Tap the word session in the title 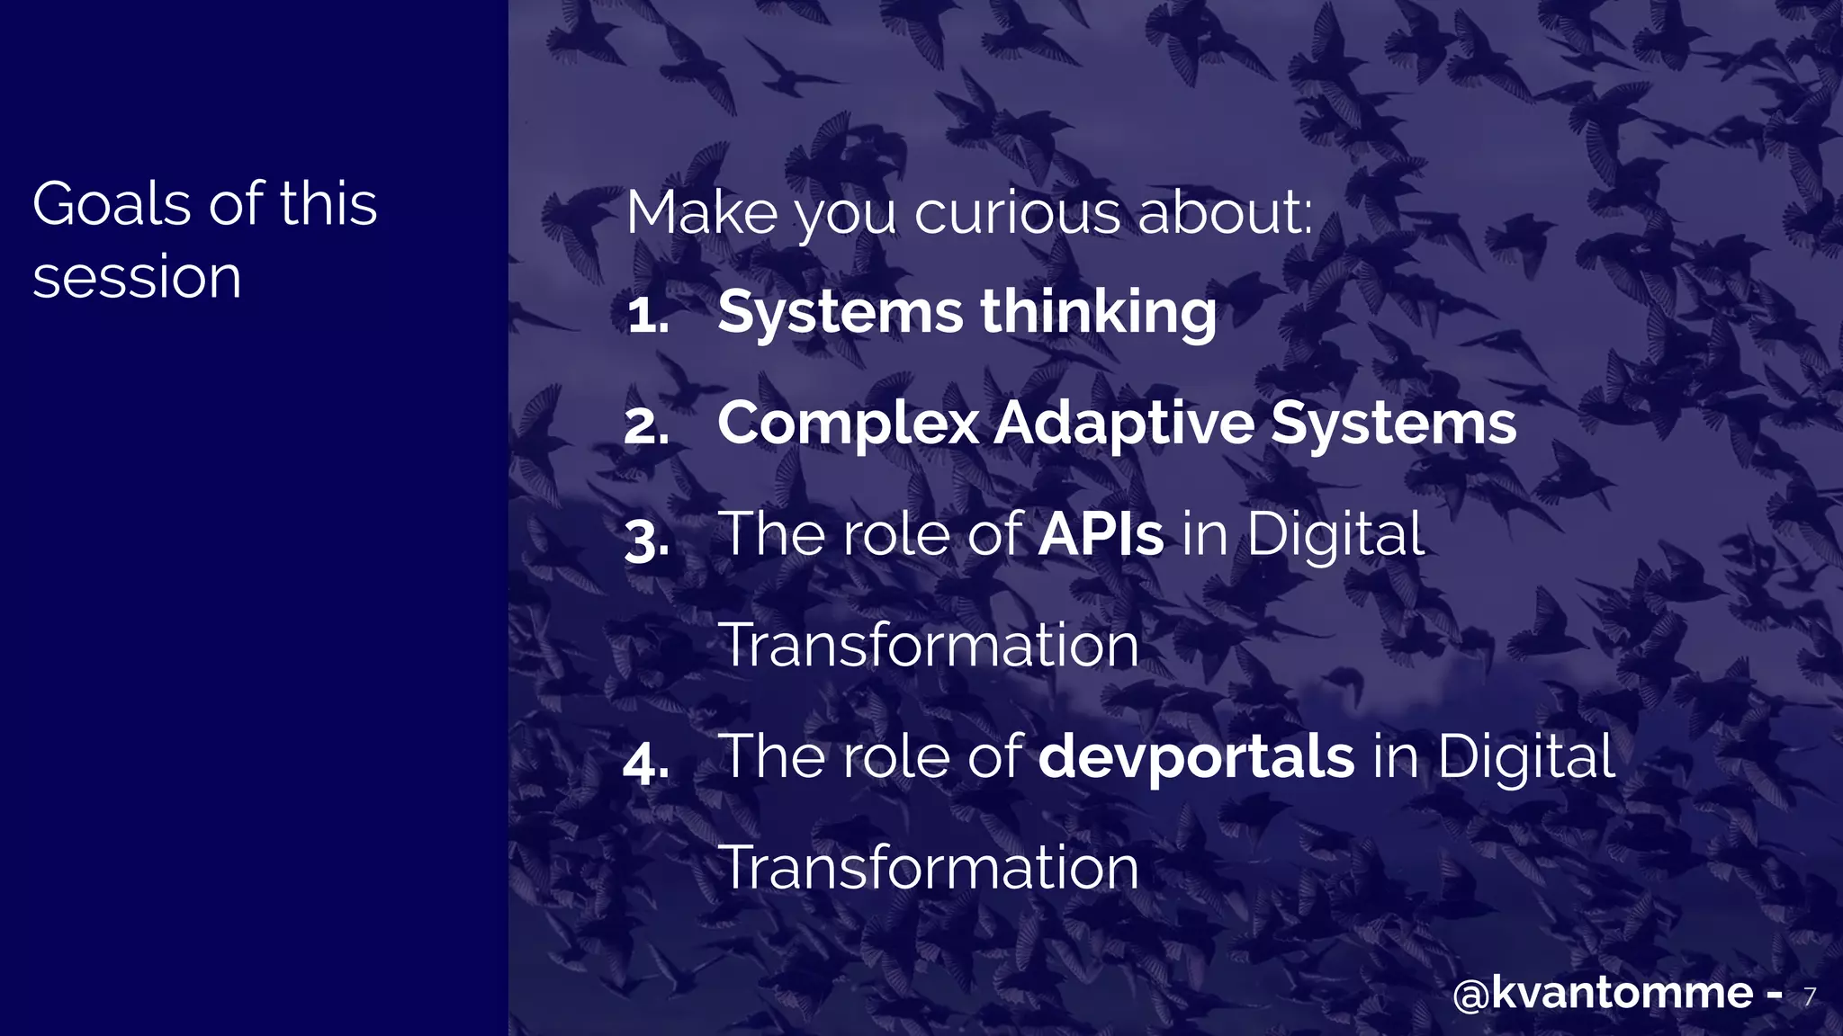(x=137, y=277)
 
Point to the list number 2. (x=647, y=426)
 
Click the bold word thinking (x=1098, y=313)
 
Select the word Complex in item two (x=848, y=423)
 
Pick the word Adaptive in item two (x=1124, y=423)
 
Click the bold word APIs (x=1101, y=534)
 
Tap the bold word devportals (x=1196, y=757)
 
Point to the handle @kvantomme (x=1603, y=993)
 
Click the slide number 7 (x=1810, y=996)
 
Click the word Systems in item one (x=841, y=313)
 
